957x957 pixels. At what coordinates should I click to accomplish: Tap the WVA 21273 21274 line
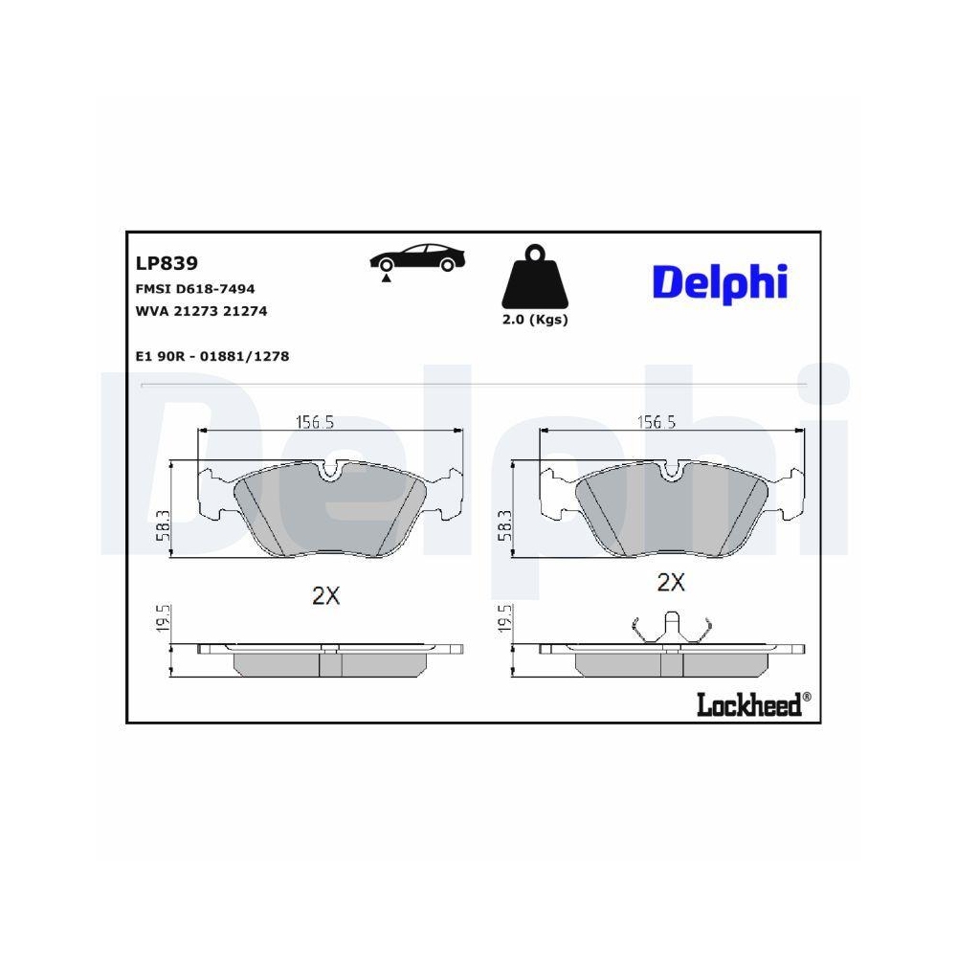(x=201, y=311)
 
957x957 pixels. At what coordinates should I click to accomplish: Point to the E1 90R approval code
(x=212, y=356)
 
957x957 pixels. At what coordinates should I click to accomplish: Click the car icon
(x=418, y=260)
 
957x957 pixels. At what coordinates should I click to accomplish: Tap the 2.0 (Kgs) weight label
(x=535, y=321)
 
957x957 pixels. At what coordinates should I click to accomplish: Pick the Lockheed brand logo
(x=752, y=705)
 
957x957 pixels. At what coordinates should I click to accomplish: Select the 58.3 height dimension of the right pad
(x=505, y=524)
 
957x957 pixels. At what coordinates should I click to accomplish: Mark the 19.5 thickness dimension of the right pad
(x=505, y=620)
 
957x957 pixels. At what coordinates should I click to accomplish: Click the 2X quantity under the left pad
(x=326, y=595)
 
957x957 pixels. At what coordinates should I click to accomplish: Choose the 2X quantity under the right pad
(x=671, y=582)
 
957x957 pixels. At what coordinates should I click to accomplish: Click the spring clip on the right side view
(x=672, y=627)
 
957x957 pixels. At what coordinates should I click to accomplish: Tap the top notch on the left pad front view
(x=331, y=469)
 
